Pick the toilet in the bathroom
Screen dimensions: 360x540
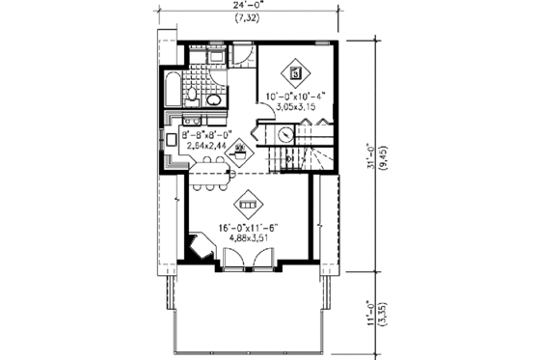tap(193, 95)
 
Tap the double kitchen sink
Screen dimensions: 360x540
tap(190, 121)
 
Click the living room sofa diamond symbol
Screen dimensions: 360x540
tap(248, 204)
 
